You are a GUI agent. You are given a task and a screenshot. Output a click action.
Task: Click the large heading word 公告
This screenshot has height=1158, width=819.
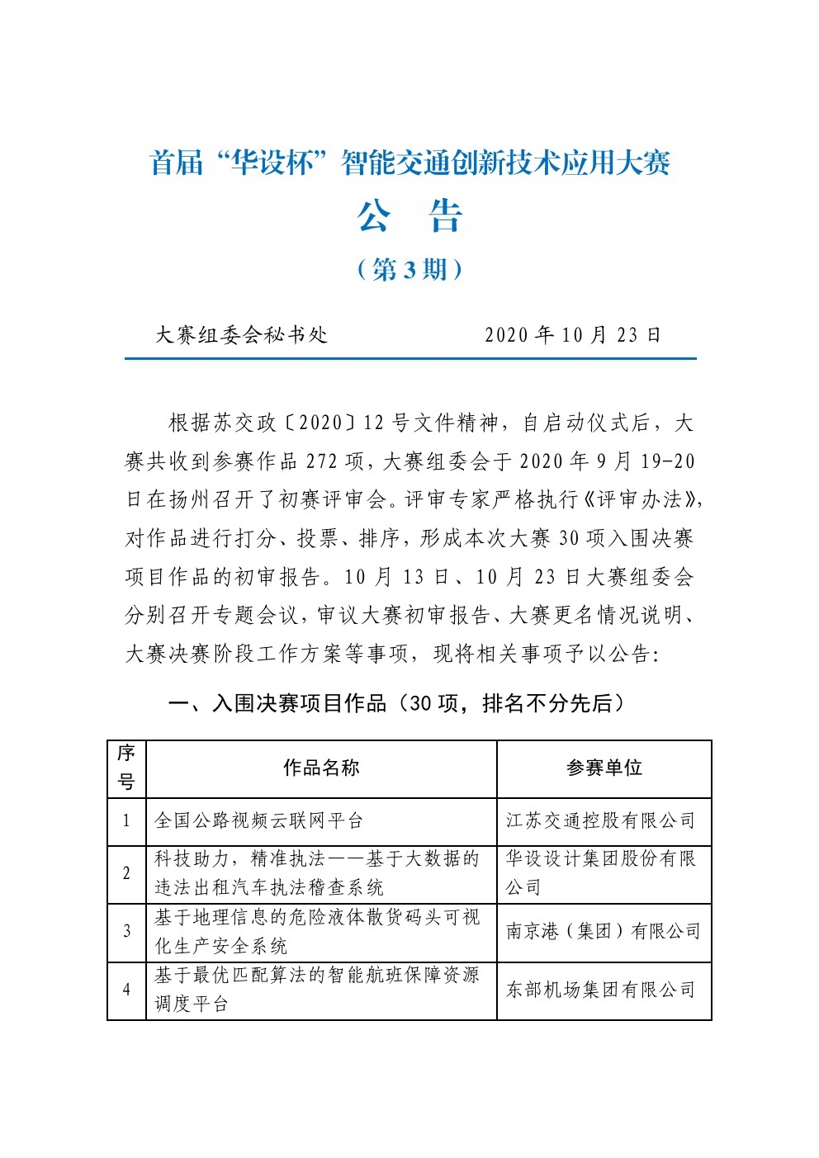(x=409, y=216)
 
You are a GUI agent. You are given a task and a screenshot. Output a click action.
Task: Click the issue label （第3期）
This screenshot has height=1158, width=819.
(x=409, y=269)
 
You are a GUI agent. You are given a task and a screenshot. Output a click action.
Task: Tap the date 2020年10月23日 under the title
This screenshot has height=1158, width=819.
(x=573, y=334)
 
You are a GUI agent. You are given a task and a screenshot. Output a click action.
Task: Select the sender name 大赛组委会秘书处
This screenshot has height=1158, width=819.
(x=241, y=334)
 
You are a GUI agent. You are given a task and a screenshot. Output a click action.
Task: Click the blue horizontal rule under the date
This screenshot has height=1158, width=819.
(x=410, y=358)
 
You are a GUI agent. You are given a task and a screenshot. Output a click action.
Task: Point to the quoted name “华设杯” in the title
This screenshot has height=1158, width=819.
(x=272, y=163)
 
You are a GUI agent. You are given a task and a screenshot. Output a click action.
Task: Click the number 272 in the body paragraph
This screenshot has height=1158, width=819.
(x=323, y=461)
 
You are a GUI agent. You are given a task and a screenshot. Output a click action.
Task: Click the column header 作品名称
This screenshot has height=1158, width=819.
(x=321, y=768)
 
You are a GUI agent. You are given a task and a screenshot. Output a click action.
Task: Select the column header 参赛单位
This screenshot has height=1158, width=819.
(x=604, y=768)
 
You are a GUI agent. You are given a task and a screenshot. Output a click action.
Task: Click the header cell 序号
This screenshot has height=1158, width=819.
(x=126, y=768)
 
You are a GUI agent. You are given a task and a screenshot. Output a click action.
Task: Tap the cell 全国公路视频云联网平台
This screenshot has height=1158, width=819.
(x=258, y=820)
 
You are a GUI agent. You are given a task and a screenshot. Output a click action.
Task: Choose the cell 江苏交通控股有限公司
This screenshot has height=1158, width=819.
(x=600, y=820)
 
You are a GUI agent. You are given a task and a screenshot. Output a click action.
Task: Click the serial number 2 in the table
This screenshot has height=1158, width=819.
(x=126, y=873)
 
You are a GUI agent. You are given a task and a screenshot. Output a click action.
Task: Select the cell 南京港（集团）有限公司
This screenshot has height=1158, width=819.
(x=603, y=932)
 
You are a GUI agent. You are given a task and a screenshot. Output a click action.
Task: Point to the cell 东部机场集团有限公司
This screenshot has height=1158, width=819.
(x=600, y=990)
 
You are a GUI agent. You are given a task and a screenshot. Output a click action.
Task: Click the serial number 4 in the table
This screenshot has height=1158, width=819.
(x=126, y=990)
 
